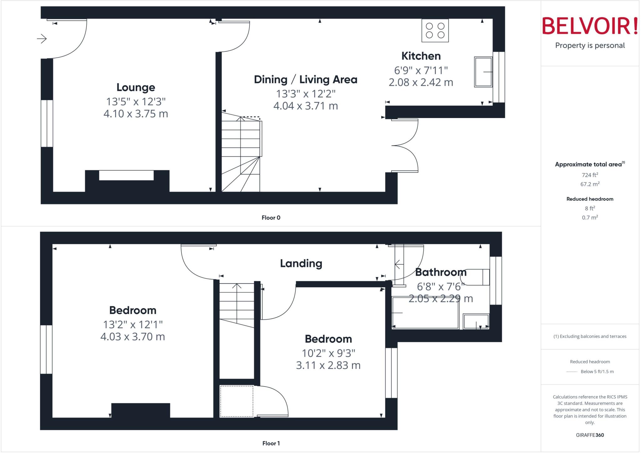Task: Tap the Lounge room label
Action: coord(136,87)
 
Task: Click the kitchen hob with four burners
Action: coord(435,30)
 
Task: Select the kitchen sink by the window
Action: coord(483,72)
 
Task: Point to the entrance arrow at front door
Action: coord(42,39)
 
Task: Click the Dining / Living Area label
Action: coord(305,80)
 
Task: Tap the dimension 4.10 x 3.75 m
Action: coord(136,114)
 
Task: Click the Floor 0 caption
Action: coord(271,218)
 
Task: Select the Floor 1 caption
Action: coord(271,443)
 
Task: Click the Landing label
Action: coord(301,264)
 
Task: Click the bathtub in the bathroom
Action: coord(425,313)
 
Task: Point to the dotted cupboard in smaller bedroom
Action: coord(236,401)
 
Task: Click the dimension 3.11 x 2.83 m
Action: coord(328,365)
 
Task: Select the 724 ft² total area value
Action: coord(590,175)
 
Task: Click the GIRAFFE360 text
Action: coord(590,435)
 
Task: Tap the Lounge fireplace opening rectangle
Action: coord(126,175)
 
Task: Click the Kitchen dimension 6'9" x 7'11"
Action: coord(421,70)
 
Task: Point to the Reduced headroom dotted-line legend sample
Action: coord(572,372)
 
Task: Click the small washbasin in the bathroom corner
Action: coord(476,322)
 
